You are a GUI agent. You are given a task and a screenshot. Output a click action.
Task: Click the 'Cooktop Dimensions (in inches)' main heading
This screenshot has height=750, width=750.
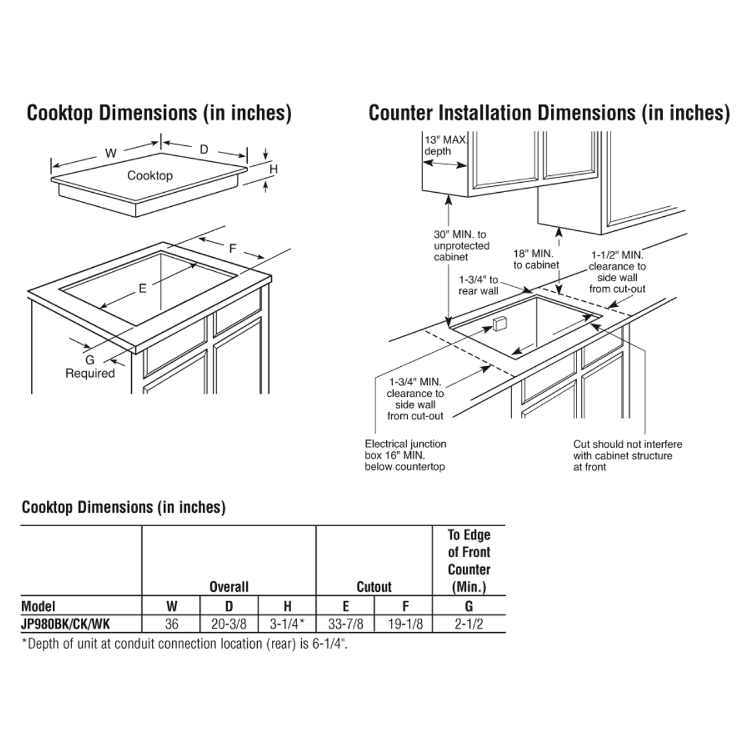click(x=159, y=113)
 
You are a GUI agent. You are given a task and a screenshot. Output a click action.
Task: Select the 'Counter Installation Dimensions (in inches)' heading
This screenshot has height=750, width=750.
click(x=549, y=113)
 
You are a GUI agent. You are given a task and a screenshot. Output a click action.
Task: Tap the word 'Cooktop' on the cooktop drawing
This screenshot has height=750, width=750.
click(x=150, y=175)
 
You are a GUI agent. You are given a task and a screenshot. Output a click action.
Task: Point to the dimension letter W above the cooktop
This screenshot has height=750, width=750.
click(x=110, y=154)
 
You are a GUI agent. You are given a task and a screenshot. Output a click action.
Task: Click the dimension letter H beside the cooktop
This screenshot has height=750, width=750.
click(x=273, y=169)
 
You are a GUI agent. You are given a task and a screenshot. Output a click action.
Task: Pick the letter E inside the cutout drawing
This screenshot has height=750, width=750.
click(x=142, y=288)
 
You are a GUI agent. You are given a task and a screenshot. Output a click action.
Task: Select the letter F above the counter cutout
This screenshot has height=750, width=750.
click(x=232, y=248)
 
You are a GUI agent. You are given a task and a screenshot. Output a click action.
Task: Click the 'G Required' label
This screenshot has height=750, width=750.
click(x=90, y=367)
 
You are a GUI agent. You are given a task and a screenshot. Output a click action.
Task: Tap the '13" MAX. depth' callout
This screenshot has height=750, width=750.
click(x=445, y=145)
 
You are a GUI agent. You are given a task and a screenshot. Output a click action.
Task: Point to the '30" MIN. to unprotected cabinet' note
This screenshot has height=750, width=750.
click(x=462, y=246)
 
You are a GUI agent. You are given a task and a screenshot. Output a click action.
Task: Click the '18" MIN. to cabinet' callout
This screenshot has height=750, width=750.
click(x=536, y=258)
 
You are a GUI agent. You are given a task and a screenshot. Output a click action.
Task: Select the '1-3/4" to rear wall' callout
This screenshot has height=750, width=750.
click(x=478, y=285)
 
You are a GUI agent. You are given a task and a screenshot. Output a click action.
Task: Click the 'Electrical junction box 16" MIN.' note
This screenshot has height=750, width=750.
click(x=405, y=455)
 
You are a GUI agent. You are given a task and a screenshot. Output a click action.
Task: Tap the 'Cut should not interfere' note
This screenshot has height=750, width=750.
click(x=628, y=455)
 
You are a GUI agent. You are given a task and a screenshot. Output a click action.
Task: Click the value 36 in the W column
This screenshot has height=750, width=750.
click(x=171, y=623)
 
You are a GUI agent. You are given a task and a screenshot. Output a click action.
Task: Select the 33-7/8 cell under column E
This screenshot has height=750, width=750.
click(x=345, y=623)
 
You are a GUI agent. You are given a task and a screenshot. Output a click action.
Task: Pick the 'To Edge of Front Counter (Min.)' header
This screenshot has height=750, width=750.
click(x=469, y=560)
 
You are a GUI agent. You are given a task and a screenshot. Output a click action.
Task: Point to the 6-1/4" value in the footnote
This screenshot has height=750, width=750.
click(x=336, y=643)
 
